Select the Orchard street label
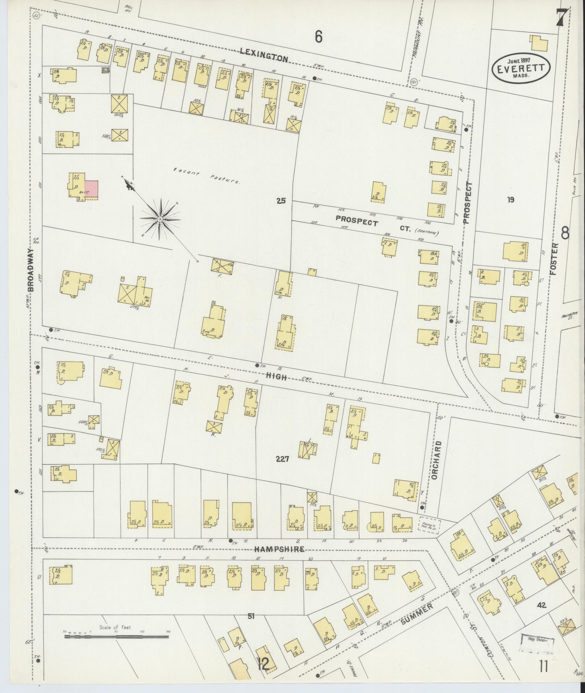pos(435,460)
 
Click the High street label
pos(276,377)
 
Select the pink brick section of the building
pos(91,189)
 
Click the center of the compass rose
pos(160,220)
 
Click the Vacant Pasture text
pos(206,177)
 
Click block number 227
pos(282,459)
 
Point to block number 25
pos(281,200)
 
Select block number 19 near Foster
pos(511,200)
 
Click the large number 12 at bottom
pos(264,664)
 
